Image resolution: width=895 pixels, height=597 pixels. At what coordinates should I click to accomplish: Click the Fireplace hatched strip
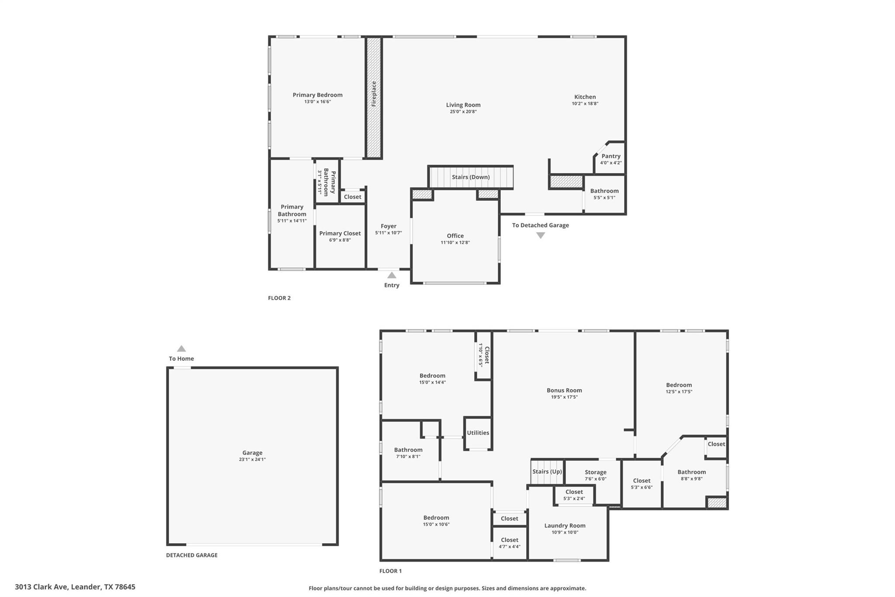[374, 97]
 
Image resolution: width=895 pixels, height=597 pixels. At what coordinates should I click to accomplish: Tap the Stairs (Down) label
[471, 177]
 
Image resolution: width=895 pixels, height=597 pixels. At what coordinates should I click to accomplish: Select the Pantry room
[611, 159]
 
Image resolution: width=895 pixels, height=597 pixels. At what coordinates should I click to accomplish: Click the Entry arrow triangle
[392, 275]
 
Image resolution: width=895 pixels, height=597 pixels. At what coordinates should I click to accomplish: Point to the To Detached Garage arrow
[541, 235]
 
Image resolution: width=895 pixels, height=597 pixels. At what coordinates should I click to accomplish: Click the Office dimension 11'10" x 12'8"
[455, 242]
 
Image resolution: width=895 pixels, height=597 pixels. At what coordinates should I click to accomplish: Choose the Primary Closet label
[340, 233]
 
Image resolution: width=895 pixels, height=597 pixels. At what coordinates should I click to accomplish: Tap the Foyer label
[388, 226]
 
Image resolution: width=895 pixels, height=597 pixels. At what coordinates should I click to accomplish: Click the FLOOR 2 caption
[279, 298]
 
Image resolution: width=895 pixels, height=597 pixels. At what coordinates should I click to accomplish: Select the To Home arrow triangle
[181, 349]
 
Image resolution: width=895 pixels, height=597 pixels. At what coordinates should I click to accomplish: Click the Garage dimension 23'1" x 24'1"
[252, 459]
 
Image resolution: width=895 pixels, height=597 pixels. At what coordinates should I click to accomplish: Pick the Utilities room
[478, 433]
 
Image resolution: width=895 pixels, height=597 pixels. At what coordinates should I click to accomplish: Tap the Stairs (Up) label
[547, 471]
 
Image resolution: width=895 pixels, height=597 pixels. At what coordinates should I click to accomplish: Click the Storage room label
[595, 472]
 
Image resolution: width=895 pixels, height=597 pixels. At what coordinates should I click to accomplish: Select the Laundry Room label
[565, 526]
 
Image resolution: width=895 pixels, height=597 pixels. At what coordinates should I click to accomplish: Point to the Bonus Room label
[564, 390]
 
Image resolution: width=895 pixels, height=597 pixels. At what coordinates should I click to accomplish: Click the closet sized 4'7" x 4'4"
[510, 543]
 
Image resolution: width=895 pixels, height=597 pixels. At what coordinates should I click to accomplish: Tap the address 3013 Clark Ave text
[75, 587]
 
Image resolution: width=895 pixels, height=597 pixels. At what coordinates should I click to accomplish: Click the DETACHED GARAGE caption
[191, 555]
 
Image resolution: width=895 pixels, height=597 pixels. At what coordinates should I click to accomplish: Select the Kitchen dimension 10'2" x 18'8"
[585, 104]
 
